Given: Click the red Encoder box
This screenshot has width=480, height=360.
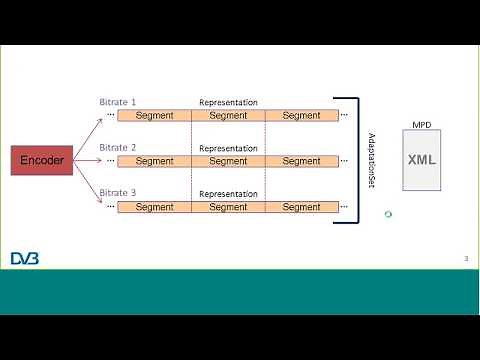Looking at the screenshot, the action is coord(43,160).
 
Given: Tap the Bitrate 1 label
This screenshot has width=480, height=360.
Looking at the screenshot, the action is coord(118,102).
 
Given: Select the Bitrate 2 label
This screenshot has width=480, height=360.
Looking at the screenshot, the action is coord(118,147).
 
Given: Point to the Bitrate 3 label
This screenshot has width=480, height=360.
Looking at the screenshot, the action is coord(118,193).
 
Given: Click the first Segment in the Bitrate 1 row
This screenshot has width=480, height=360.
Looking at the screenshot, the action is coord(155,115).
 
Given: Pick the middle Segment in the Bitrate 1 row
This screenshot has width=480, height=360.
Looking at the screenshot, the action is coord(228,115).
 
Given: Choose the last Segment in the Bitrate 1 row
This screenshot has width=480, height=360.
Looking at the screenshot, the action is coord(301,115).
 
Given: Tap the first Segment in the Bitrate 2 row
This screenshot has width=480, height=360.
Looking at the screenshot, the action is coord(155,161).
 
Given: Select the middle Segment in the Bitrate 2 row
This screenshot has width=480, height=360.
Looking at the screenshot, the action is coord(228,161).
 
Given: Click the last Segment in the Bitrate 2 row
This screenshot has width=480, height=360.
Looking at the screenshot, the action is coord(301,161).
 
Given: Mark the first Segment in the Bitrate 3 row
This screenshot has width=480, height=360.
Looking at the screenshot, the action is coord(155,207).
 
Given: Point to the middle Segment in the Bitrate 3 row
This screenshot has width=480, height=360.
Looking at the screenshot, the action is coord(228,207).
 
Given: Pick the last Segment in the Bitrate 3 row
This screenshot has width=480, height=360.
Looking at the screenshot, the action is coord(301,207).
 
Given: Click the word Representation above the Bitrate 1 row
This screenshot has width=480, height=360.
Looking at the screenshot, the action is coord(228,102).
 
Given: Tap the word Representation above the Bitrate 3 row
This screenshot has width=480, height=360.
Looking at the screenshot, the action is coord(228,193).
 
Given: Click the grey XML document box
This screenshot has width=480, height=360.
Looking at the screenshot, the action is coord(422,160).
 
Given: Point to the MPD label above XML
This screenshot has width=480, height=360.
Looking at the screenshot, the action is coord(422,125).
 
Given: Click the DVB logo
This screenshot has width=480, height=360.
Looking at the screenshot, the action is coord(26,259).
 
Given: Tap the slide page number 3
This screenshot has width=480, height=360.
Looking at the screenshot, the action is coord(465,259).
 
